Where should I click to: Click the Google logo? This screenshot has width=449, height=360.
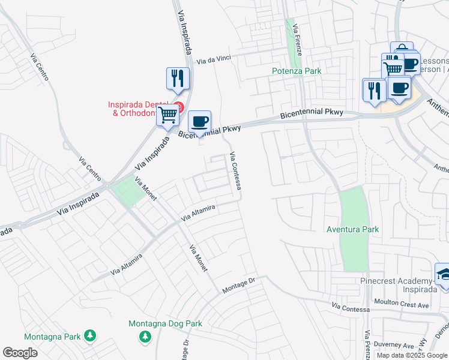[x=20, y=353]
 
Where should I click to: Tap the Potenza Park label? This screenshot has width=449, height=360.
[x=297, y=71]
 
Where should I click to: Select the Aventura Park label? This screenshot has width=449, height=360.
[x=352, y=229]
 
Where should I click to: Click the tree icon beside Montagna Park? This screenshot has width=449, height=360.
[x=90, y=335]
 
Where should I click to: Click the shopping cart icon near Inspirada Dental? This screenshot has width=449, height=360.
[x=168, y=114]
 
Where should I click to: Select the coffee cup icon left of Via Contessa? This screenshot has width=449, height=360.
[x=199, y=121]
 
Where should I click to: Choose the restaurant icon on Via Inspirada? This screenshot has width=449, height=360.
[x=178, y=78]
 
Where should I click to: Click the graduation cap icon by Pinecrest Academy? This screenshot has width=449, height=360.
[x=443, y=274]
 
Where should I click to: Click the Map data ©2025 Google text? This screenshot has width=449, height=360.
[x=412, y=355]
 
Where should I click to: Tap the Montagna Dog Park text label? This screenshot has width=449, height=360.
[x=165, y=324]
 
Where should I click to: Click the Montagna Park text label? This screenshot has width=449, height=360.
[x=52, y=336]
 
